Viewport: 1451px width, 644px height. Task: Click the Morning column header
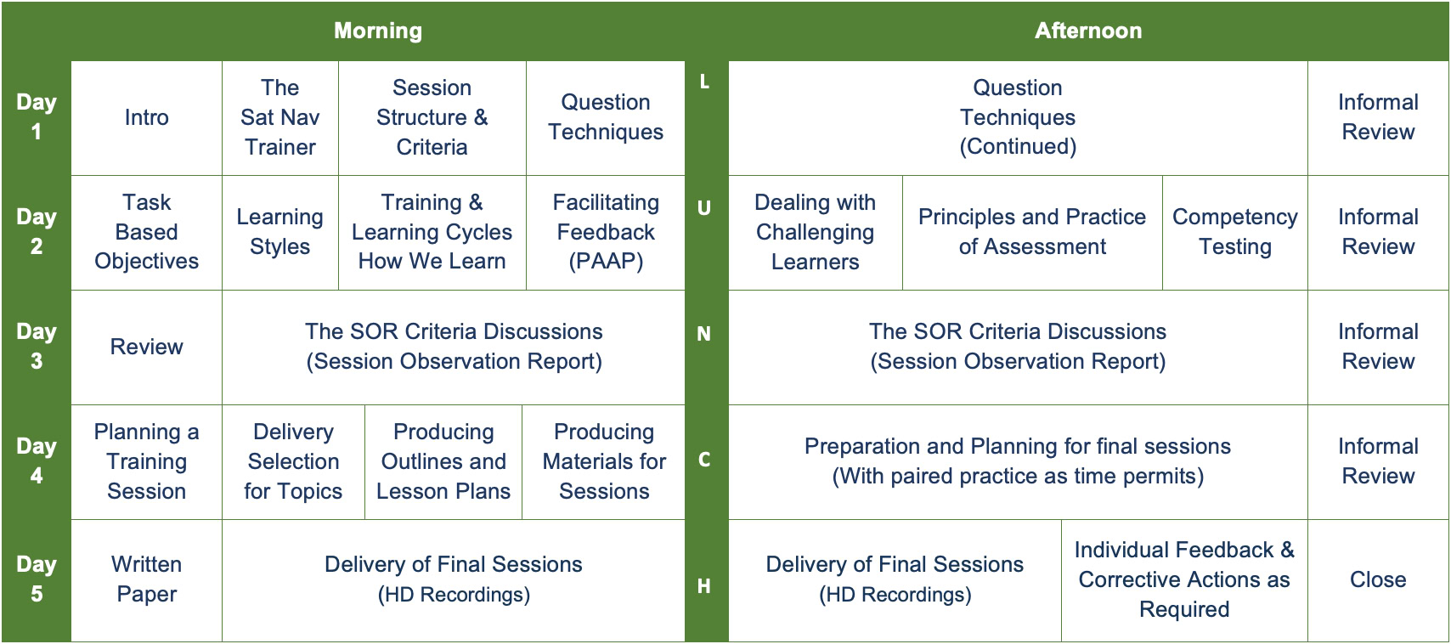[x=378, y=31]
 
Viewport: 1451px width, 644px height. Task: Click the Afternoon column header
[x=1088, y=31]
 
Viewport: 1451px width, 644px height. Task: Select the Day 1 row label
[x=37, y=117]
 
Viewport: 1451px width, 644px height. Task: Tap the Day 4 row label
[x=37, y=461]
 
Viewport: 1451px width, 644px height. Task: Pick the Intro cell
[x=146, y=118]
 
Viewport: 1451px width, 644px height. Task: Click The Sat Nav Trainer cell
[x=279, y=118]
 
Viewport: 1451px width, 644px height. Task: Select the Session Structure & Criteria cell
[x=432, y=118]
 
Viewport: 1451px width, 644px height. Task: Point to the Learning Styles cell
[x=279, y=232]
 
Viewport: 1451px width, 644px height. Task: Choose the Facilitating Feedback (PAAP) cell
[x=606, y=232]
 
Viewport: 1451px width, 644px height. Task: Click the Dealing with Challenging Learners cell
[x=816, y=232]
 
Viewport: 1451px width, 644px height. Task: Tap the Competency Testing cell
[x=1235, y=232]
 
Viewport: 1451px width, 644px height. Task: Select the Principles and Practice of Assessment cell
[x=1032, y=232]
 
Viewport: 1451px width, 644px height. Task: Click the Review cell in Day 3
[x=146, y=347]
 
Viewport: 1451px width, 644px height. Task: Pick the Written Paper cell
[x=146, y=579]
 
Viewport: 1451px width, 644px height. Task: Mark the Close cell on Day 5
[x=1378, y=579]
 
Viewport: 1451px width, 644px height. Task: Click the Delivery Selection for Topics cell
[x=293, y=461]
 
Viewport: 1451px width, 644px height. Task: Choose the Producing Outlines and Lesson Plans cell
[x=443, y=461]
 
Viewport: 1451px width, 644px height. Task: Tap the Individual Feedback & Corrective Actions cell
[x=1184, y=579]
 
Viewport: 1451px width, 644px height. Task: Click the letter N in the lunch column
[x=704, y=334]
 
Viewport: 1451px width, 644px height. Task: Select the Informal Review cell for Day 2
[x=1378, y=232]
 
